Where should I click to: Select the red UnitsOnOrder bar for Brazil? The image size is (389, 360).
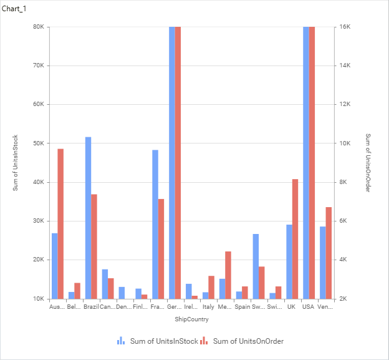[x=94, y=246]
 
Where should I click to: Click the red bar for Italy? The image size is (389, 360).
[x=211, y=287]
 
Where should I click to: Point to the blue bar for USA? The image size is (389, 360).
[x=306, y=162]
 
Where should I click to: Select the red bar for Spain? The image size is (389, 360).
[x=245, y=292]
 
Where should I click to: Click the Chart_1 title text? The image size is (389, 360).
[x=14, y=8]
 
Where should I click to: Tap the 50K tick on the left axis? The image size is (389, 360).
[x=37, y=143]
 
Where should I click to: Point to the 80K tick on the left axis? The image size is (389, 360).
[x=37, y=27]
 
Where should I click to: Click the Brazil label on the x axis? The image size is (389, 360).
[x=91, y=307]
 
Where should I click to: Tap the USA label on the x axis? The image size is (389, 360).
[x=309, y=307]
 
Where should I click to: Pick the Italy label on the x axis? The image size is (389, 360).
[x=208, y=307]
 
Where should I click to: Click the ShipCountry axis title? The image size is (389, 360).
[x=191, y=319]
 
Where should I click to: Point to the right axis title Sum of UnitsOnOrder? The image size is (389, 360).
[x=368, y=163]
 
